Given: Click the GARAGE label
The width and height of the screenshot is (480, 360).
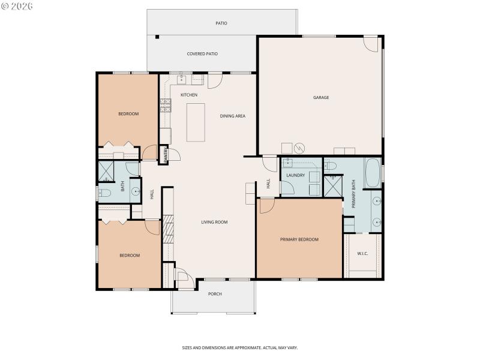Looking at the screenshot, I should coord(321,97).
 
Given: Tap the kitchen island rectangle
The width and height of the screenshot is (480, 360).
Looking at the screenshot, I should coord(196,122).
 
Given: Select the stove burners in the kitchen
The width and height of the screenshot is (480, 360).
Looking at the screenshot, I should coord(165,106).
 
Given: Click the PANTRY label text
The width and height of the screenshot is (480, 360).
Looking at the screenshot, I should coord(166,154).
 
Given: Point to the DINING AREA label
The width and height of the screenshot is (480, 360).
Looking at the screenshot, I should coord(232,116).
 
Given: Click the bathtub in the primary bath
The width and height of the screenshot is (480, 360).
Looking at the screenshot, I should coord(372,172).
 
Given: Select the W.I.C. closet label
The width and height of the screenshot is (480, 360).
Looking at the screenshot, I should coord(362,253).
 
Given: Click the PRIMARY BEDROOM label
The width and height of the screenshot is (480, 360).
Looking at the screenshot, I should coord(299,239).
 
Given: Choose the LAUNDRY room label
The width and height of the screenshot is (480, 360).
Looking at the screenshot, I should coord(295,175).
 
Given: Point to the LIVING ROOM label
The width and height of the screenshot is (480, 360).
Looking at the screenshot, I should coord(214,222).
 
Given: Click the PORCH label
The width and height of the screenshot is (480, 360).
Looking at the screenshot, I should coord(215,293).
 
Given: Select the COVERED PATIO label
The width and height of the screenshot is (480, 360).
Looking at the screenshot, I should coord(202,53).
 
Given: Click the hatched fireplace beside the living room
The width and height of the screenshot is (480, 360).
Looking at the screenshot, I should coord(169,229).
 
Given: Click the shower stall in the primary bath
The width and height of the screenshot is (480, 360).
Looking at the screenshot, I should coord(332,186).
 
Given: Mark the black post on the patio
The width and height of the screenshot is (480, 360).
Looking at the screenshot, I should coord(157,37).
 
